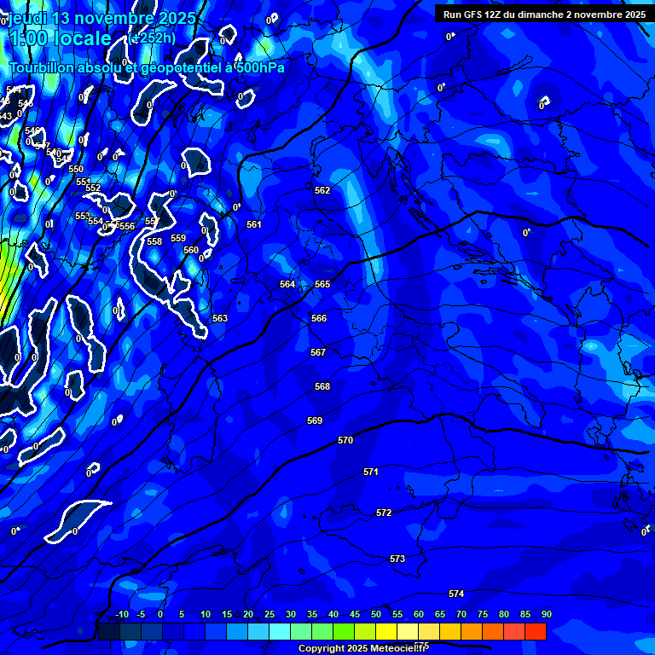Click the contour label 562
322,190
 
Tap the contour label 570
345,441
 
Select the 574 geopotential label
456,594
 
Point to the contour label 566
319,318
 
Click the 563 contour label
220,318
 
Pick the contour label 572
384,513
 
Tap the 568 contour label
322,386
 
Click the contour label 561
254,224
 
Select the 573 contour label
397,559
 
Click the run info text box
544,14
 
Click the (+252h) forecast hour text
154,38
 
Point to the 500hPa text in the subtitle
259,68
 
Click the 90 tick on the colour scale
546,614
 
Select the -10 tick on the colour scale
122,614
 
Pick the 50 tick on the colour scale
376,614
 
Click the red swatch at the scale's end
536,631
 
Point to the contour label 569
315,420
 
